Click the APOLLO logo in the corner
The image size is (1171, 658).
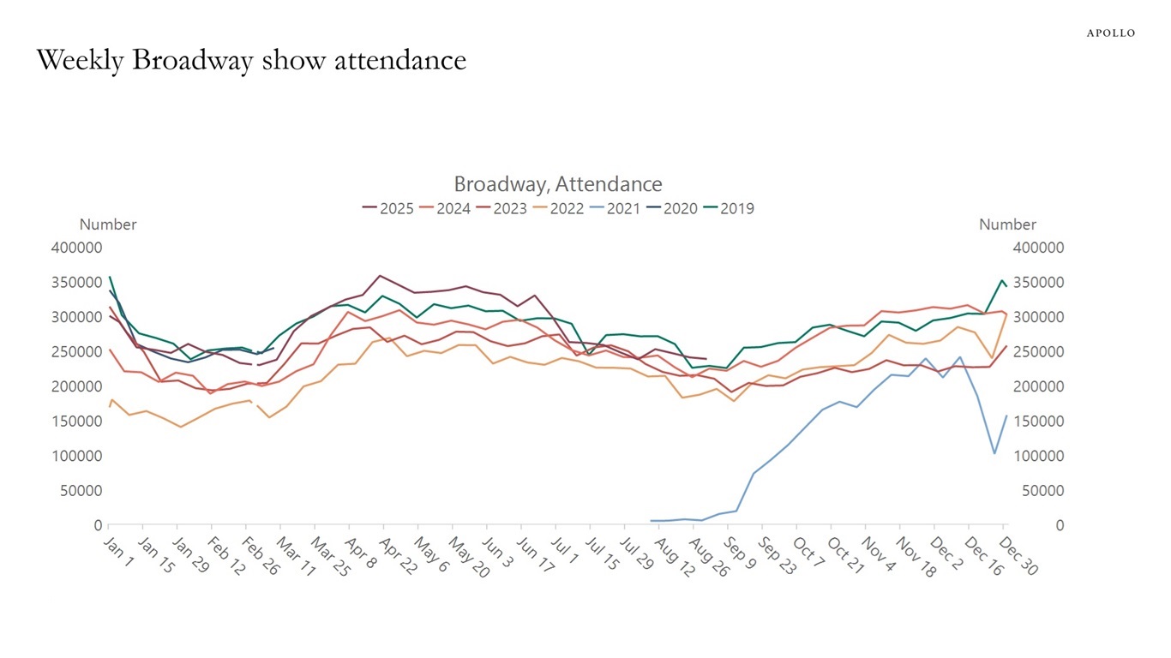1110,33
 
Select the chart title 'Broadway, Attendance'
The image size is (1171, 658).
557,184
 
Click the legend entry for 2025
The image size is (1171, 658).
387,208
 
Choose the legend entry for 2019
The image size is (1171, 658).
728,208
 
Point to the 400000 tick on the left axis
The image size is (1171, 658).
78,248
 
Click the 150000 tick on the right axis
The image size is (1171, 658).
1038,422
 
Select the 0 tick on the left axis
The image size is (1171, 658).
98,525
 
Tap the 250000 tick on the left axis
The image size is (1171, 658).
78,352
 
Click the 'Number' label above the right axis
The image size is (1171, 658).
1007,224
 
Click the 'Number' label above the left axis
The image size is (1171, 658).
108,224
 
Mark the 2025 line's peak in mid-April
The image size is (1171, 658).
380,276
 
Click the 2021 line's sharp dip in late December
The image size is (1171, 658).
994,453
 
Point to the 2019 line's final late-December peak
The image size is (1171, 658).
1001,280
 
